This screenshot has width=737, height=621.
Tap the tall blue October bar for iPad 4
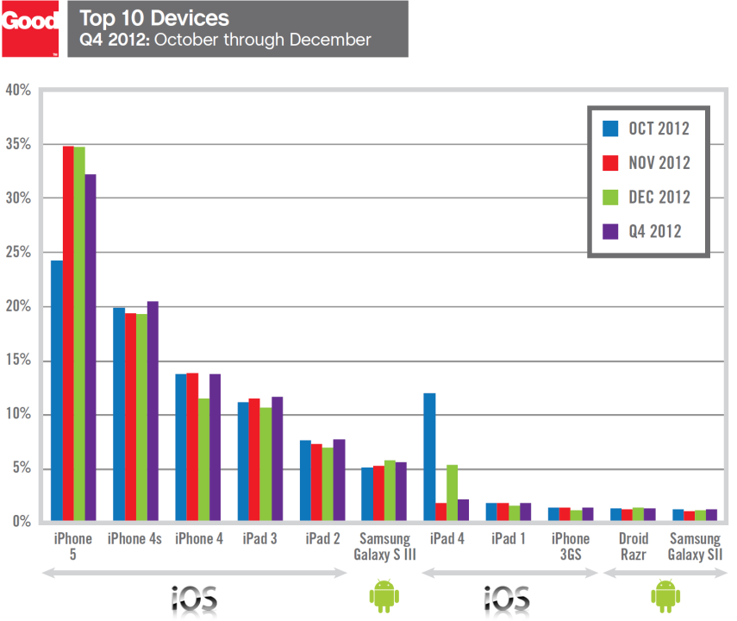tap(429, 457)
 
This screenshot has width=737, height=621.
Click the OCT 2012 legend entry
tap(646, 129)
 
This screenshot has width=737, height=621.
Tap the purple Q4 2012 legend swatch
tap(610, 231)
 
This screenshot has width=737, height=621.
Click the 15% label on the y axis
tap(18, 361)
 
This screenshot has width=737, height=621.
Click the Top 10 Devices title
tap(153, 17)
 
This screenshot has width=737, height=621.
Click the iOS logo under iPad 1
tap(506, 597)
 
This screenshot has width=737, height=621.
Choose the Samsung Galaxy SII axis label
tap(695, 546)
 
